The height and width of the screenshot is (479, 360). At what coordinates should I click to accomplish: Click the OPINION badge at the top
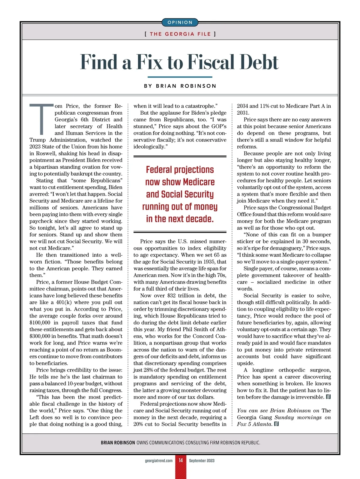(x=180, y=23)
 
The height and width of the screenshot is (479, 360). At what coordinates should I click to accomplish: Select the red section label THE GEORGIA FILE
(x=180, y=34)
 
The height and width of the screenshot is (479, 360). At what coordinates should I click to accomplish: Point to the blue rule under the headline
(x=180, y=77)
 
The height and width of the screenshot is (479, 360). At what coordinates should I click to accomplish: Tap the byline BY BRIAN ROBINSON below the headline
(x=180, y=86)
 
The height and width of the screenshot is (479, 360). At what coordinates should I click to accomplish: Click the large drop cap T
(x=41, y=119)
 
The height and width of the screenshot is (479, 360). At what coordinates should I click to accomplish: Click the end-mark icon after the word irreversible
(x=328, y=397)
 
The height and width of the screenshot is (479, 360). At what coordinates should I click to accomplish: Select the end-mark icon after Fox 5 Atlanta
(x=276, y=424)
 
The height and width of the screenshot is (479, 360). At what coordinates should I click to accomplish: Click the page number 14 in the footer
(x=181, y=460)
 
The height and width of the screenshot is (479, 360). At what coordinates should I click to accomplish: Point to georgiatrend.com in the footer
(x=159, y=461)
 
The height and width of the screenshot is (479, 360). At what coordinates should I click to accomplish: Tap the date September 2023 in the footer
(x=202, y=461)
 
